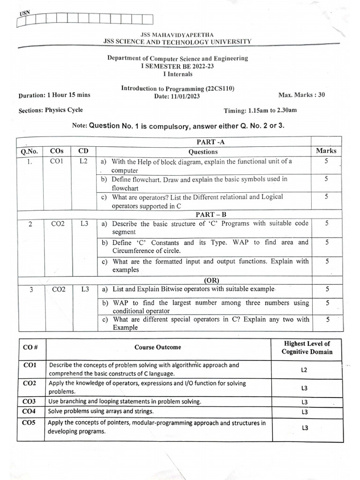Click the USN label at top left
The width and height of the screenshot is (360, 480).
(24, 13)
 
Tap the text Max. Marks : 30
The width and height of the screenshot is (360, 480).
(301, 95)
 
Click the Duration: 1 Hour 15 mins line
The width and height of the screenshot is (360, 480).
(54, 95)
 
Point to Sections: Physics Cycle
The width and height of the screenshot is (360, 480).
(51, 110)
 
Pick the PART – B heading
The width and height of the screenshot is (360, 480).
(204, 214)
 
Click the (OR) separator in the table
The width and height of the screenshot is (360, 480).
(204, 280)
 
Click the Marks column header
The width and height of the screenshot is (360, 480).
(326, 151)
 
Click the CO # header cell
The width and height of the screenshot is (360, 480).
(30, 347)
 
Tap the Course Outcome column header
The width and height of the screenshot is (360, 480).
(157, 347)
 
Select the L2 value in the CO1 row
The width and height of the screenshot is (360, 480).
(304, 370)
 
